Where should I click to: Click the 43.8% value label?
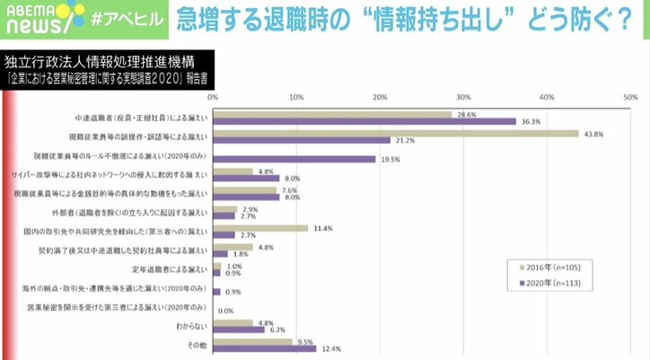pyautogui.click(x=593, y=134)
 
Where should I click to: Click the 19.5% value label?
pyautogui.click(x=389, y=159)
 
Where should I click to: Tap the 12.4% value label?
pyautogui.click(x=329, y=348)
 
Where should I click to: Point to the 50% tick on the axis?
pyautogui.click(x=630, y=95)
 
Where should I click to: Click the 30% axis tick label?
pyautogui.click(x=463, y=95)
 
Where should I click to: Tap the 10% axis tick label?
pyautogui.click(x=295, y=95)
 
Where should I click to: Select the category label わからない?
pyautogui.click(x=190, y=327)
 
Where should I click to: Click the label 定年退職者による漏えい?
pyautogui.click(x=171, y=269)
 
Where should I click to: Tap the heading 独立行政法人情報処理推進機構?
pyautogui.click(x=98, y=64)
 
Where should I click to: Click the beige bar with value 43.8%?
pyautogui.click(x=394, y=134)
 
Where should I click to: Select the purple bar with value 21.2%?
pyautogui.click(x=301, y=140)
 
